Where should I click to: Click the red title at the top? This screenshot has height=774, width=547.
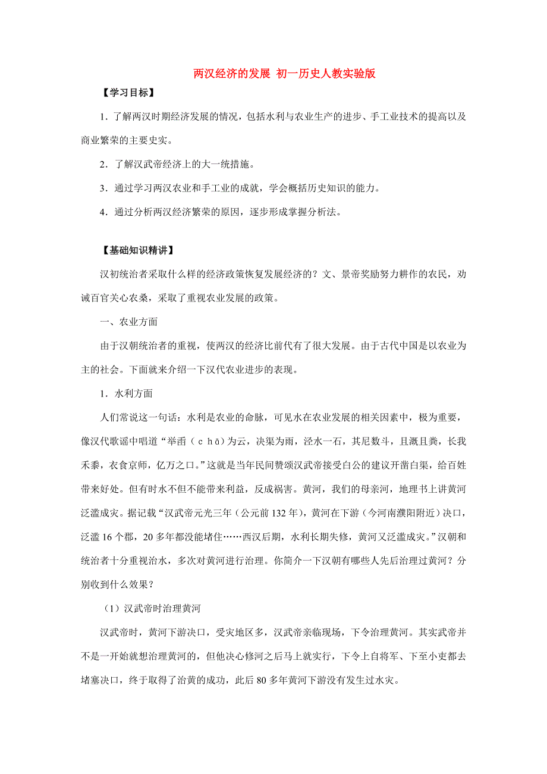point(285,74)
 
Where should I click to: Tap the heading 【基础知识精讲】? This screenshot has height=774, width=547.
point(134,250)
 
